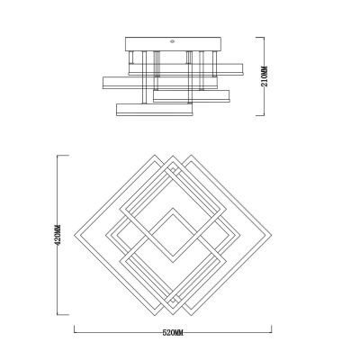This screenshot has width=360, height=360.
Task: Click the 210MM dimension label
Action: click(x=265, y=76)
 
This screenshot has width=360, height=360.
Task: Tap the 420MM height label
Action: click(x=58, y=235)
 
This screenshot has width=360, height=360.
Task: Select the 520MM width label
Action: click(x=173, y=333)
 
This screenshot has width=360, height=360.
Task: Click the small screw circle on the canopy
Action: click(x=173, y=41)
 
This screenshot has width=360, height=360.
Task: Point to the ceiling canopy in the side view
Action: click(x=173, y=44)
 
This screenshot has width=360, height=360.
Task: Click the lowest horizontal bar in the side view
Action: click(x=154, y=110)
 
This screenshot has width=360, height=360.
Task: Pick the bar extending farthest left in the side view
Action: click(x=159, y=83)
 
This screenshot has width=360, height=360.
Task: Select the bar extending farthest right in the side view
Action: click(x=185, y=68)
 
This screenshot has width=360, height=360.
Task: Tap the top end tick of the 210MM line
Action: click(x=260, y=37)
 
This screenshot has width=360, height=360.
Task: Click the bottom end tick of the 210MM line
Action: click(x=260, y=115)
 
